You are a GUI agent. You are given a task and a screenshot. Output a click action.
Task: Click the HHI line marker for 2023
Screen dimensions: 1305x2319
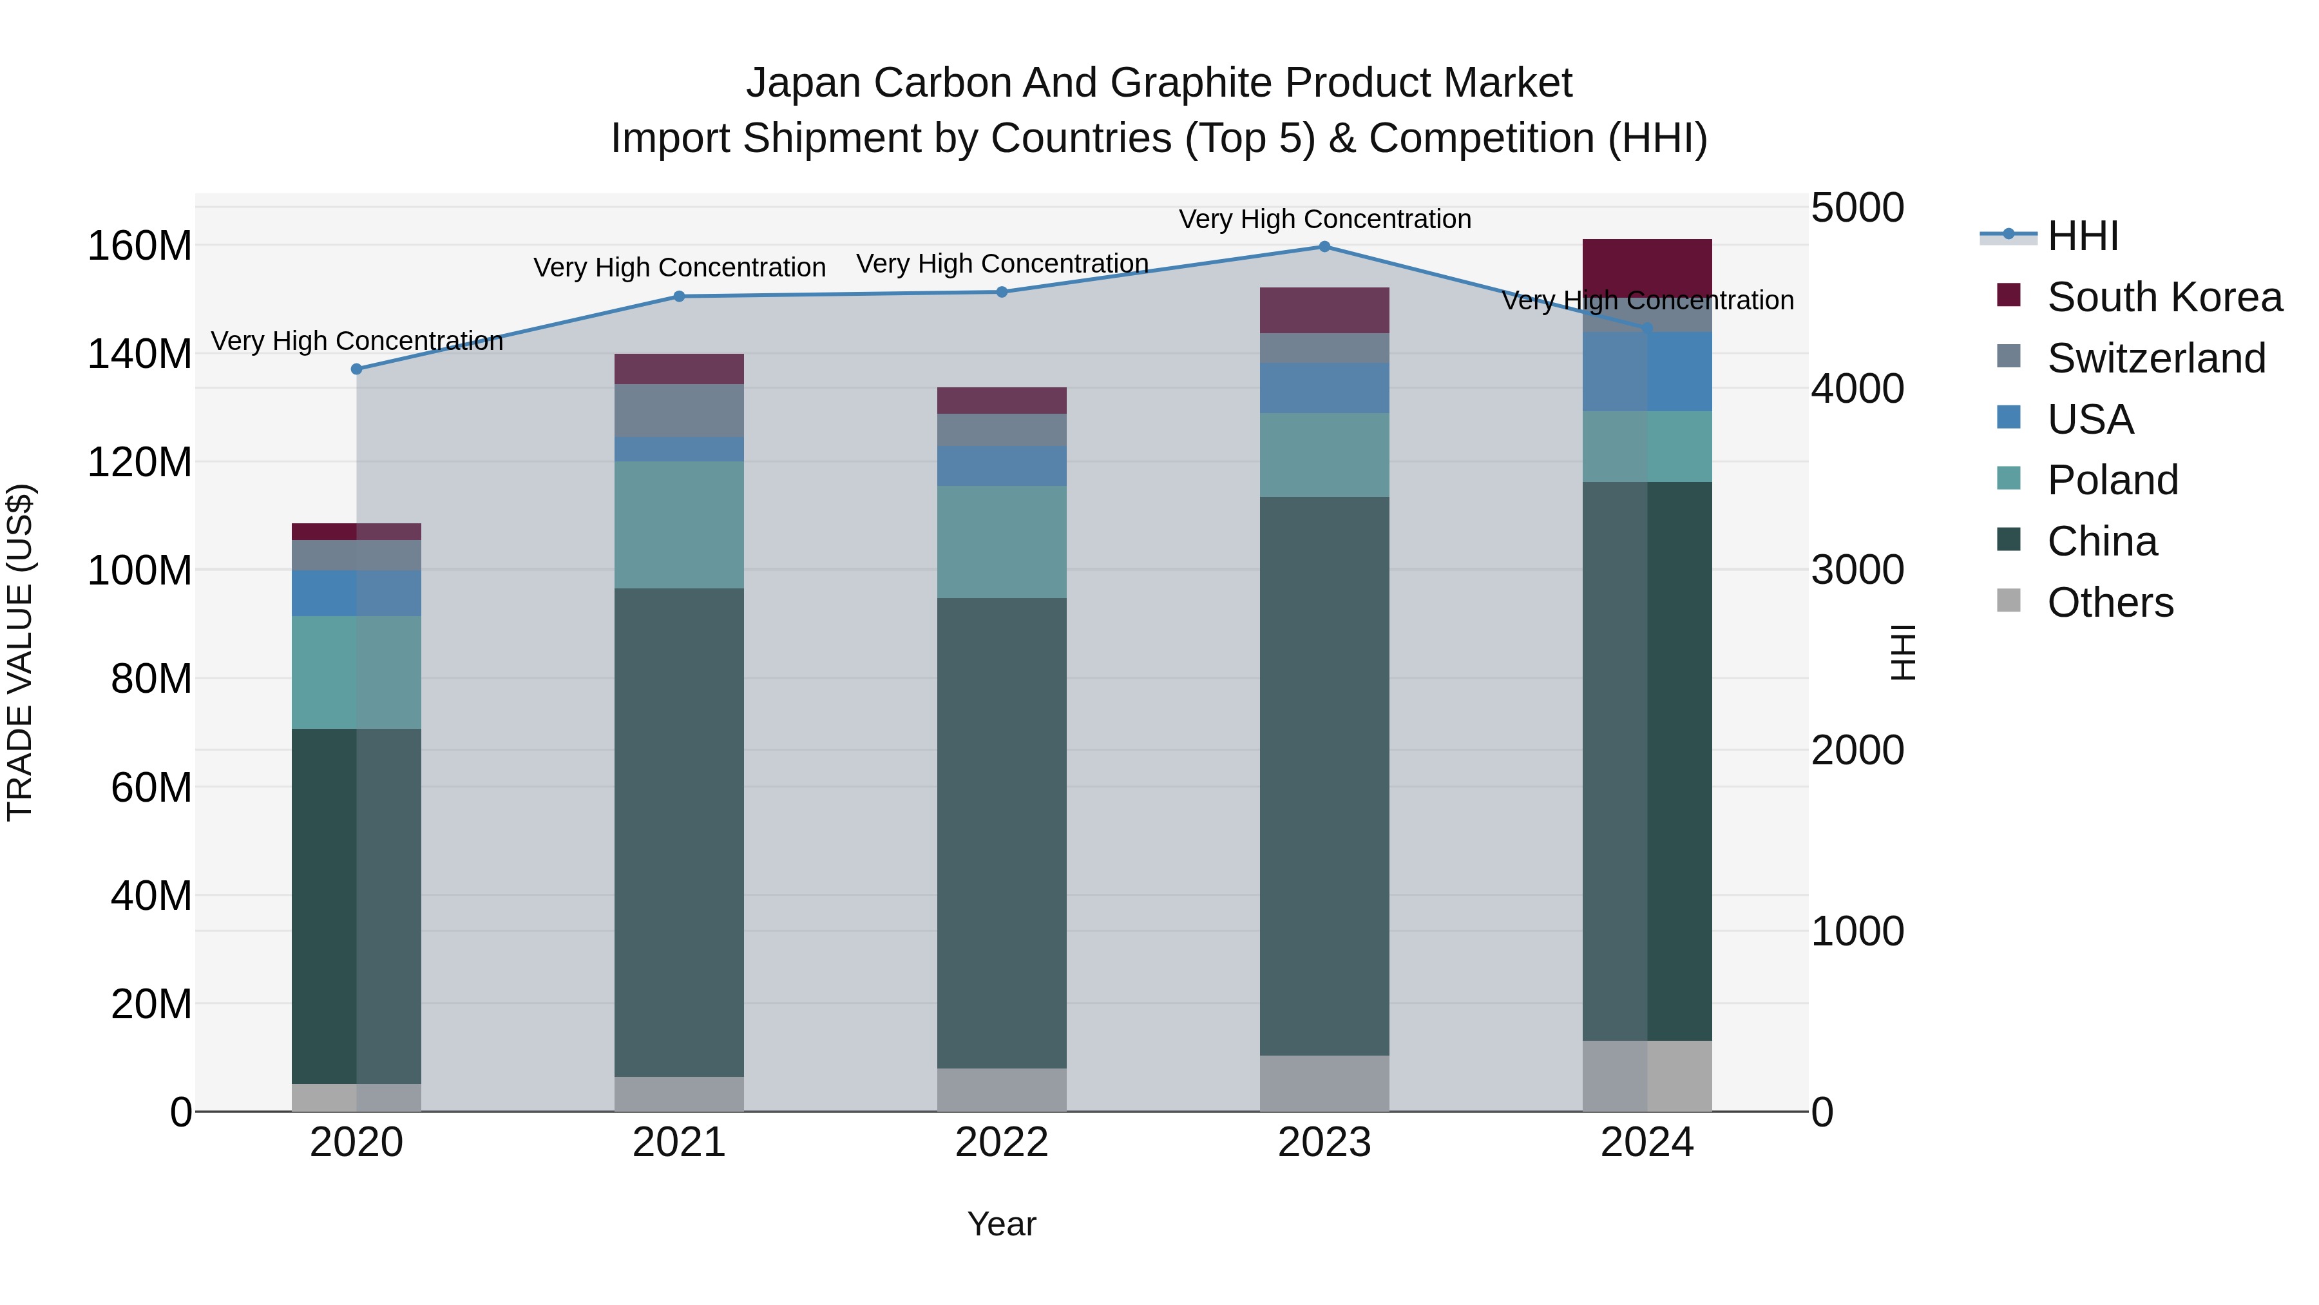coord(1324,247)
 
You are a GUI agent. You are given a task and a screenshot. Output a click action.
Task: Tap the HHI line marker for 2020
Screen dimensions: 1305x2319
coord(356,369)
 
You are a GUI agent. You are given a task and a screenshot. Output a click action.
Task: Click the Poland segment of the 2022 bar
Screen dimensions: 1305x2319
coord(1002,542)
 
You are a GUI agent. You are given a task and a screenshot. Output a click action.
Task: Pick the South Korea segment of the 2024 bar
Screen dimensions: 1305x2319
coord(1647,267)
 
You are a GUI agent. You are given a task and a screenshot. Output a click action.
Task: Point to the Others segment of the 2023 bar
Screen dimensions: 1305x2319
coord(1324,1083)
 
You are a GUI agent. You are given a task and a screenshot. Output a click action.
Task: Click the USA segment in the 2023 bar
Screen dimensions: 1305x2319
coord(1324,388)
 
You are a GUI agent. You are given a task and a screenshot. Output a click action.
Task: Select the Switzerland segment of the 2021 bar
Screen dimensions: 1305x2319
coord(679,411)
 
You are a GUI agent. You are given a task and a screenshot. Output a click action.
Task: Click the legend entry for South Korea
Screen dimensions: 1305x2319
coord(2164,297)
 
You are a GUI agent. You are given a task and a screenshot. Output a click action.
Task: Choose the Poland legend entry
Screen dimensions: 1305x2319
coord(2112,480)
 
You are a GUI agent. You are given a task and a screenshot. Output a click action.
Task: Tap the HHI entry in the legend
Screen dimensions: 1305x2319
coord(2082,236)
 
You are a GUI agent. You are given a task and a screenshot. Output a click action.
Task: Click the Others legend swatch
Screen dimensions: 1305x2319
coord(2009,601)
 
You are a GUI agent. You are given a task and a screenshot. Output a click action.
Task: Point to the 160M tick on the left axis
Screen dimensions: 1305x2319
coord(140,246)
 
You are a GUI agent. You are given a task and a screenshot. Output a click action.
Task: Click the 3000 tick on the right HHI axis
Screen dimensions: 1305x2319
coord(1857,570)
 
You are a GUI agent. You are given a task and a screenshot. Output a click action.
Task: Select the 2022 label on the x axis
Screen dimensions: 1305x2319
coord(1002,1143)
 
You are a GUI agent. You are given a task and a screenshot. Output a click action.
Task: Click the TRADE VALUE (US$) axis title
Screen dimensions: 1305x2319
coord(20,652)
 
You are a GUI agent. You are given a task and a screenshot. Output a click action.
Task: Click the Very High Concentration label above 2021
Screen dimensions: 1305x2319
coord(679,267)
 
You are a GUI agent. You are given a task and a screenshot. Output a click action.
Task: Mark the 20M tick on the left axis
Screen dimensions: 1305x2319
coord(151,1004)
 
